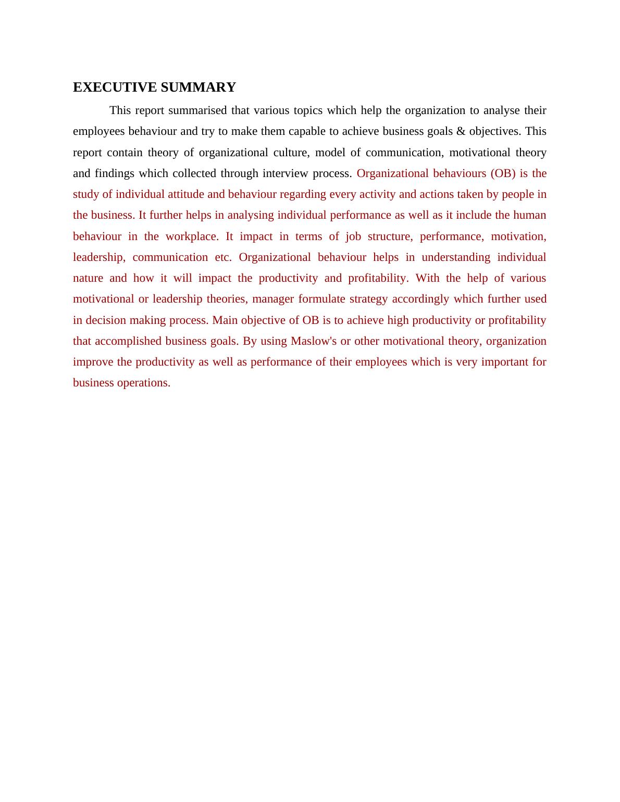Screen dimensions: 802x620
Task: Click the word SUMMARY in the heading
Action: (199, 87)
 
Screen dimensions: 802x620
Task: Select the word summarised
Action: (197, 110)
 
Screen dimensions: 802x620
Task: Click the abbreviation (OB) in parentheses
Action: (503, 173)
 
